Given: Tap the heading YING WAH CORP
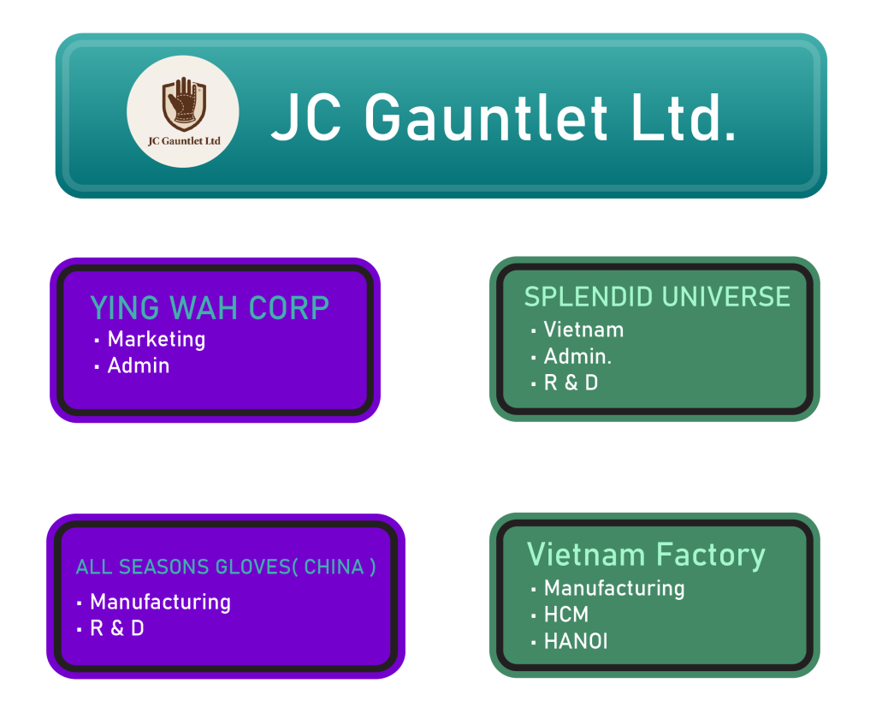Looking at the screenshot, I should pos(210,308).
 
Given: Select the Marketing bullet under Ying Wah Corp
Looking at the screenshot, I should pos(156,339).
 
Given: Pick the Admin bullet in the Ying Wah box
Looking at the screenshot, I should pos(138,365).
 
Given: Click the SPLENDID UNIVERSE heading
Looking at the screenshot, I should pos(657,297).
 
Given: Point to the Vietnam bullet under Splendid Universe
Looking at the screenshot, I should pos(583,330).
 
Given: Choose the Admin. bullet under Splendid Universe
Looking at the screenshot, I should pos(577,356).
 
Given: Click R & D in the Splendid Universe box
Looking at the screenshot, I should pos(571,383).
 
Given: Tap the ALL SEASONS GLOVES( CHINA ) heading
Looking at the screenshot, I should pos(226,567).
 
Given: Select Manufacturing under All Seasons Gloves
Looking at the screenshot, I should pos(160,602).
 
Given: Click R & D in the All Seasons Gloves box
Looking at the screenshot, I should pos(116,628).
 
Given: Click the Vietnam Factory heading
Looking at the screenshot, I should pos(646,555).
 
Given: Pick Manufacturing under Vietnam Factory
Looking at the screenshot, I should pos(614,588).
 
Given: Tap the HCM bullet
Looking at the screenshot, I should pos(565,615).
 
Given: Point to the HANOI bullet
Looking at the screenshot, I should pos(575,641).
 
